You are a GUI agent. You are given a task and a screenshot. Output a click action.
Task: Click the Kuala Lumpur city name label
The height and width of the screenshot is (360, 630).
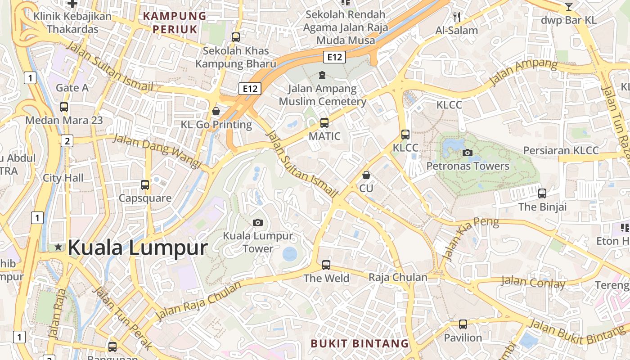pyautogui.click(x=138, y=247)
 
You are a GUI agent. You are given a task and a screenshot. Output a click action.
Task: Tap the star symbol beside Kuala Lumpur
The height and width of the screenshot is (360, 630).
pyautogui.click(x=58, y=247)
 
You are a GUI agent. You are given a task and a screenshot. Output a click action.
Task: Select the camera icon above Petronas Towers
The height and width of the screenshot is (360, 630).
pyautogui.click(x=468, y=153)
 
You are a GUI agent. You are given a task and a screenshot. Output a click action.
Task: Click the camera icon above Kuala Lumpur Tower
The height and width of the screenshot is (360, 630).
pyautogui.click(x=258, y=222)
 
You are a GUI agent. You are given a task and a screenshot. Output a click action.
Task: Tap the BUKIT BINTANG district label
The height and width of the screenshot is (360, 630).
pyautogui.click(x=360, y=344)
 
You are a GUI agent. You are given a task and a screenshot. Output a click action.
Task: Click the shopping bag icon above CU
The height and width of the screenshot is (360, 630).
pyautogui.click(x=366, y=175)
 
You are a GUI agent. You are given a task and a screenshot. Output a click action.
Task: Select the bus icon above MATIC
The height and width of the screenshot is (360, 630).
pyautogui.click(x=324, y=122)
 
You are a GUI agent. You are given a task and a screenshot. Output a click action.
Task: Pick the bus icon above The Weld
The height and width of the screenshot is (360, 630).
pyautogui.click(x=326, y=265)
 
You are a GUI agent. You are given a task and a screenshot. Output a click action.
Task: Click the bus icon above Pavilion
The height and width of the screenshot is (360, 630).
pyautogui.click(x=463, y=324)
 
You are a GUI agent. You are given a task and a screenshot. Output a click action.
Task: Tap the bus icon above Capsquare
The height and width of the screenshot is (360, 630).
pyautogui.click(x=145, y=184)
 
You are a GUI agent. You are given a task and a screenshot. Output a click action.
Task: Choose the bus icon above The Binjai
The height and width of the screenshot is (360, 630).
pyautogui.click(x=542, y=193)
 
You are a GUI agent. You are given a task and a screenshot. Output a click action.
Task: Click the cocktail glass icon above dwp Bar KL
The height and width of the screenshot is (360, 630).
pyautogui.click(x=569, y=7)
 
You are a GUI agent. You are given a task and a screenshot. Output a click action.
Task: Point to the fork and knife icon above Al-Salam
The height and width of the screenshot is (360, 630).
pyautogui.click(x=457, y=17)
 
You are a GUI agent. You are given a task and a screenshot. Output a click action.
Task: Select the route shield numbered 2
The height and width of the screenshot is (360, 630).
pyautogui.click(x=67, y=141)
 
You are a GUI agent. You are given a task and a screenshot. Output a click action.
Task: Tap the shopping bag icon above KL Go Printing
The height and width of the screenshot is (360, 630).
pyautogui.click(x=216, y=111)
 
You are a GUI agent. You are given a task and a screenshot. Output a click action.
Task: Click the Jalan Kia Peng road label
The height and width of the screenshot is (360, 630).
pyautogui.click(x=471, y=238)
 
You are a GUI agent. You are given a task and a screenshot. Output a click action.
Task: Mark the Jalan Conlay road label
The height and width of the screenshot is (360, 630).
pyautogui.click(x=533, y=283)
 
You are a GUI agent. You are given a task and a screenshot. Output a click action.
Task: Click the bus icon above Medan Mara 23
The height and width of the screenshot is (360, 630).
pyautogui.click(x=64, y=107)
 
